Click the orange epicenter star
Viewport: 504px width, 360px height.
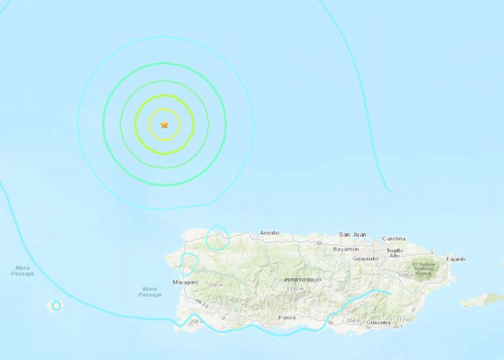[x=164, y=125]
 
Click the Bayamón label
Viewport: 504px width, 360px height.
[x=345, y=249]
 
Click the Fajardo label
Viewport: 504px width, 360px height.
[x=455, y=259]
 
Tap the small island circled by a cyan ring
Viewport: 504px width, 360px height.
[x=56, y=306]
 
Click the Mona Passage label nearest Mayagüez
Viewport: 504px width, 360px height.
[x=150, y=292]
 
